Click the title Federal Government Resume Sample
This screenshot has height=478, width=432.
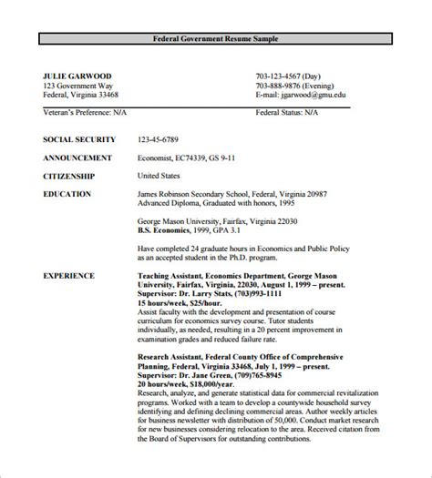[x=215, y=38]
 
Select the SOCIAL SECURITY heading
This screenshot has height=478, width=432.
[x=79, y=138]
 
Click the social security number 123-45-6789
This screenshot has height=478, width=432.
[x=159, y=138]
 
